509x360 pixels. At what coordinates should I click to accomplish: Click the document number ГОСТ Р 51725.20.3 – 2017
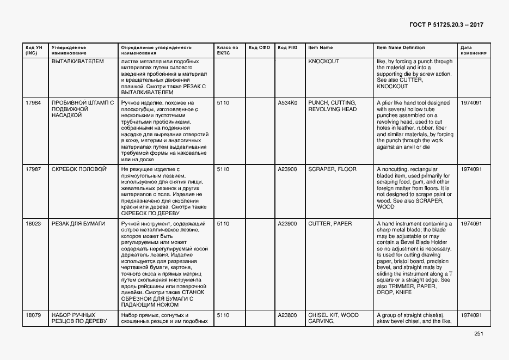(x=446, y=25)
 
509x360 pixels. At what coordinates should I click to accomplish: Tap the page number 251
(x=479, y=334)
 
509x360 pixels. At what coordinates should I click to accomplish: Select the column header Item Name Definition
(x=401, y=48)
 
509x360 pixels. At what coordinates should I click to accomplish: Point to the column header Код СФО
(x=259, y=48)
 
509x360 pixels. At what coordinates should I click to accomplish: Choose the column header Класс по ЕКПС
(x=227, y=51)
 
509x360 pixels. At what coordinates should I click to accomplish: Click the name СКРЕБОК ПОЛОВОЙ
(x=78, y=169)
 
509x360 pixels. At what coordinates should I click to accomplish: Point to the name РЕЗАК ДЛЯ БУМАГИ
(x=78, y=224)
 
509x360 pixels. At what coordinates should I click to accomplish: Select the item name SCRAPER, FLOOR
(x=332, y=169)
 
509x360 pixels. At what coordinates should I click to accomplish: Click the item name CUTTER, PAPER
(x=330, y=224)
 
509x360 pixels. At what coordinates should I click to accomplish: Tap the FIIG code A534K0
(x=287, y=103)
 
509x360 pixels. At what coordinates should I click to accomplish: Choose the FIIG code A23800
(x=287, y=315)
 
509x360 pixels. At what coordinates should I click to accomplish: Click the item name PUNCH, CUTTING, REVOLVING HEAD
(x=332, y=106)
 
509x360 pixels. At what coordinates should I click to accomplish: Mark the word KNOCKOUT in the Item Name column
(x=323, y=62)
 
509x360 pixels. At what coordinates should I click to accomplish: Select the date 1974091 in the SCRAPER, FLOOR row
(x=471, y=169)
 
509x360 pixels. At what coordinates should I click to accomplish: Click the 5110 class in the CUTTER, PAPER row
(x=223, y=224)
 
